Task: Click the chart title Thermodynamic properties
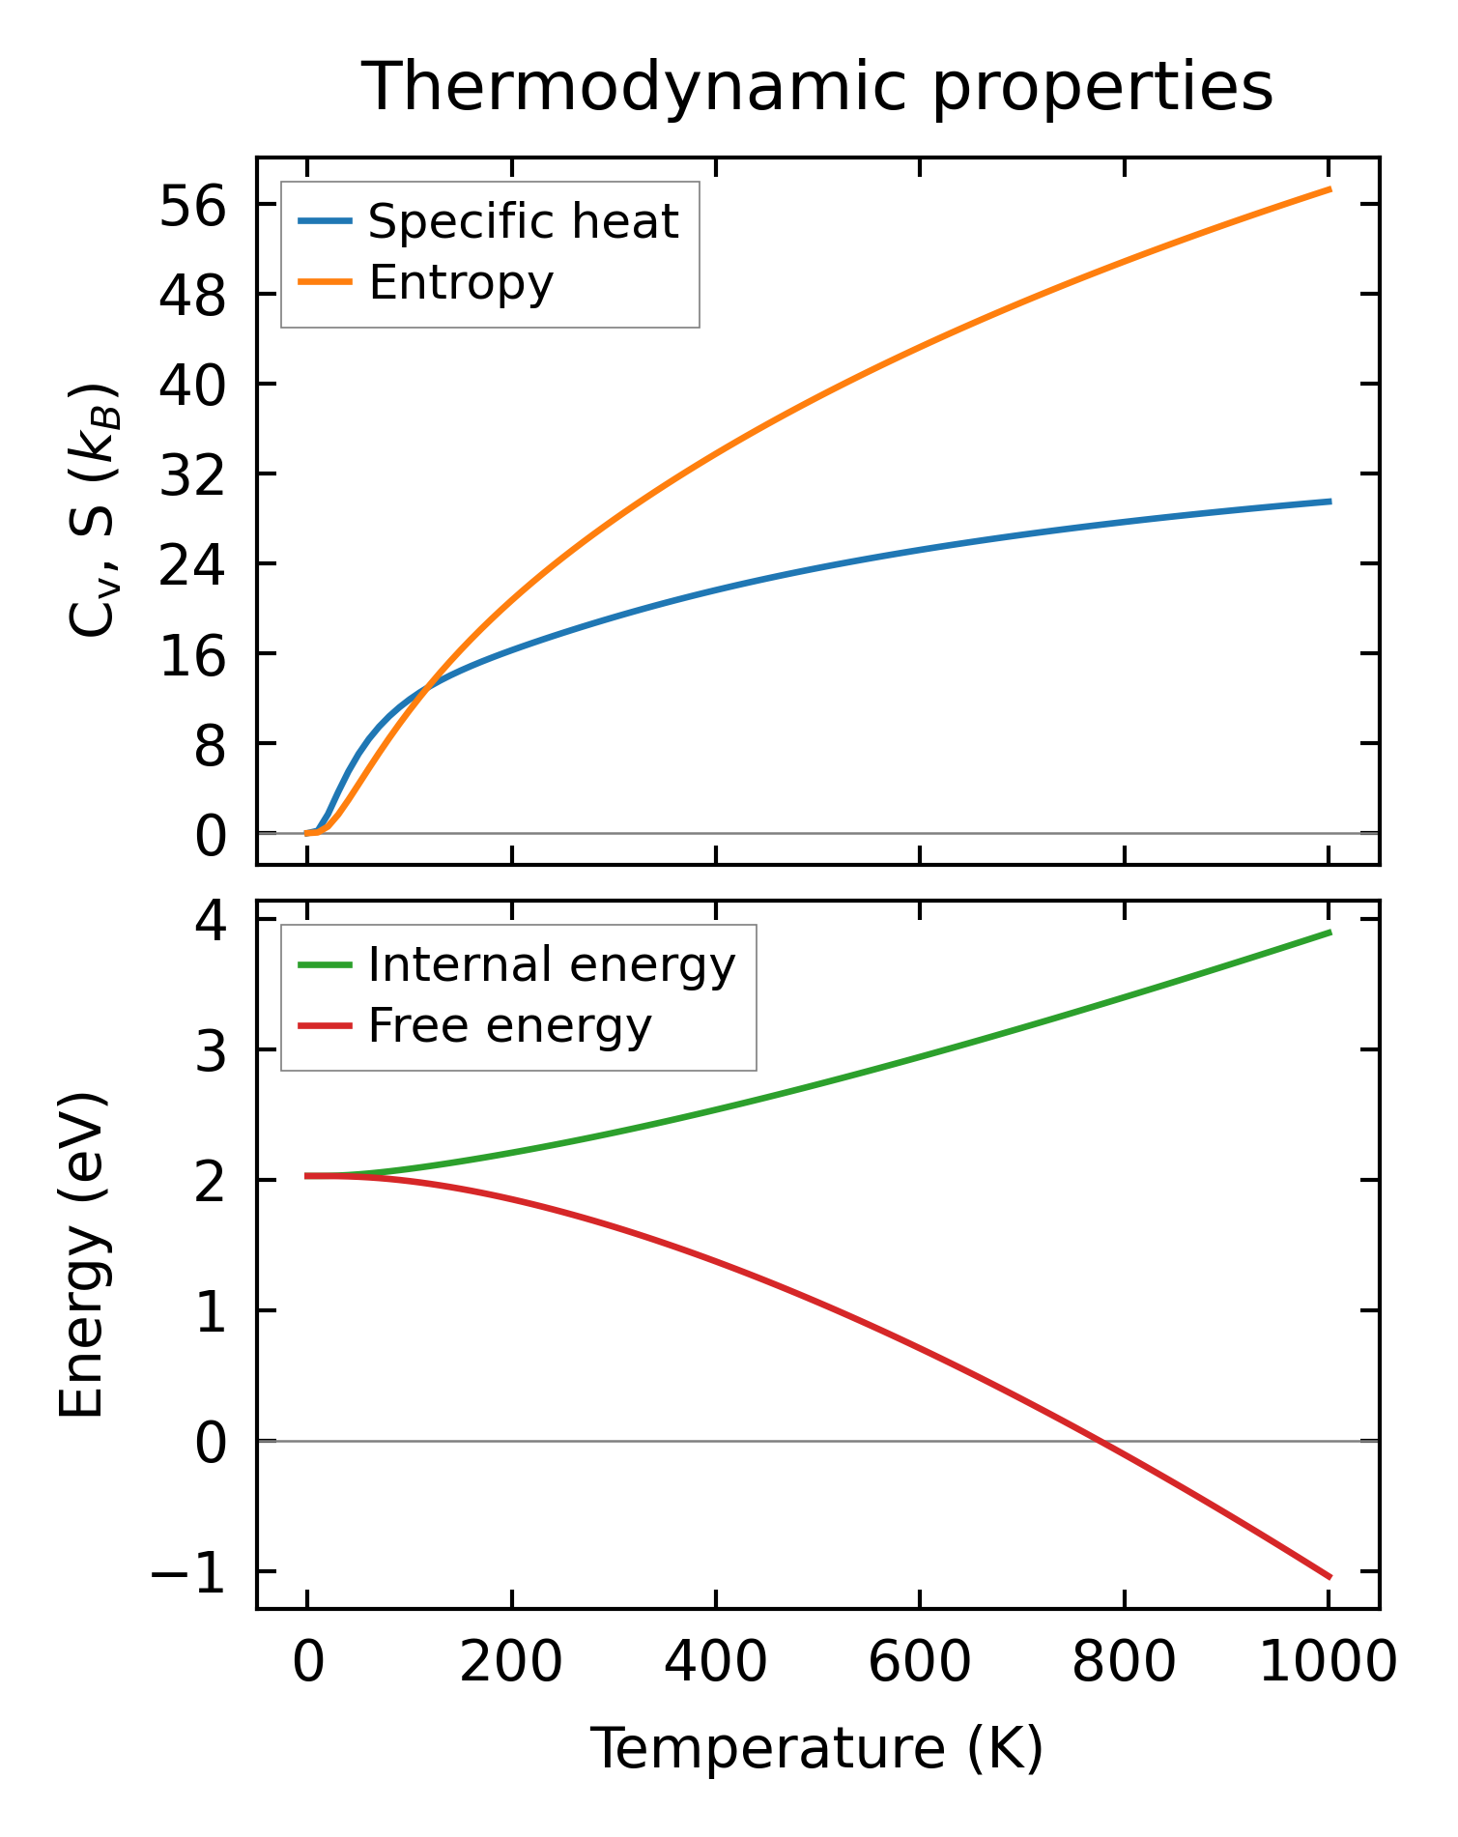click(x=817, y=87)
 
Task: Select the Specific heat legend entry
click(x=523, y=221)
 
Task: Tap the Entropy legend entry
click(x=461, y=283)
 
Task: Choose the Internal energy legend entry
click(x=551, y=964)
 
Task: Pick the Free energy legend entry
click(x=509, y=1025)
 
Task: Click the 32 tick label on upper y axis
click(x=192, y=474)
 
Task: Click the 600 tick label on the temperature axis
click(x=919, y=1663)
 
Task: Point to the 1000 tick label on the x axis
click(x=1329, y=1663)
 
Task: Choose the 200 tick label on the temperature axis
click(x=511, y=1663)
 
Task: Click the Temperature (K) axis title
click(x=817, y=1749)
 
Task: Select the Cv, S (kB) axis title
click(x=95, y=510)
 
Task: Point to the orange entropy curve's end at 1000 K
click(x=1330, y=189)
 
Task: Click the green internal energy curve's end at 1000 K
click(x=1330, y=933)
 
